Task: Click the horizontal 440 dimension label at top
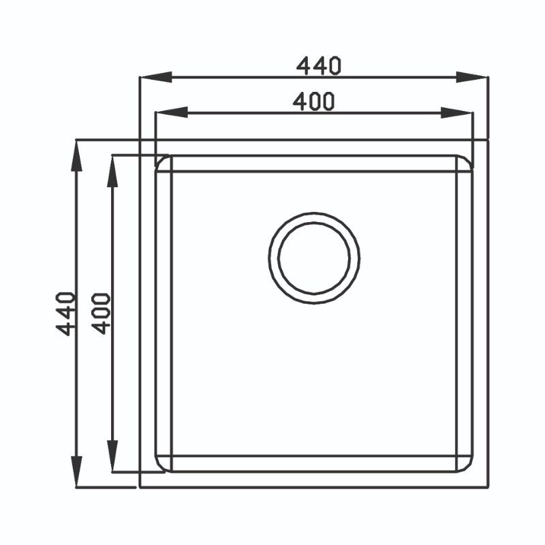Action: [x=319, y=65]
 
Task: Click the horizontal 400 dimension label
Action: [x=314, y=102]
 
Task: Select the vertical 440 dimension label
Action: [x=65, y=314]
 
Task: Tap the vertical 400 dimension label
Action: [x=101, y=314]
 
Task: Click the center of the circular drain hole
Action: [x=314, y=258]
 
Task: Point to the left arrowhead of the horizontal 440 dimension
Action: [x=155, y=77]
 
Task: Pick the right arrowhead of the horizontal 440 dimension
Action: [x=472, y=77]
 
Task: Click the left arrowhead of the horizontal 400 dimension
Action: [x=172, y=112]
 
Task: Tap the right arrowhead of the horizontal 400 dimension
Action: [x=456, y=112]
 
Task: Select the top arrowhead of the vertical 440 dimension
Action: [x=76, y=156]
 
